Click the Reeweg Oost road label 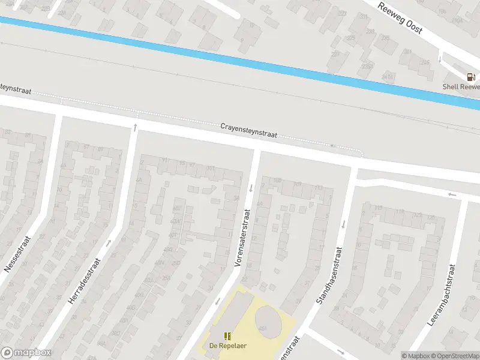click(x=400, y=17)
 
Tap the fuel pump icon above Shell click(x=471, y=77)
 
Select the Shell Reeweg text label click(x=461, y=86)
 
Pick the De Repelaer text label click(x=227, y=345)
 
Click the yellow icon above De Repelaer click(x=227, y=335)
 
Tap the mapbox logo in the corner click(x=26, y=353)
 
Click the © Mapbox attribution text click(x=413, y=355)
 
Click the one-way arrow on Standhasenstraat click(x=344, y=225)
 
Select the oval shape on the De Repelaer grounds click(x=268, y=321)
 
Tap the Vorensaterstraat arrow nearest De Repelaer click(x=218, y=301)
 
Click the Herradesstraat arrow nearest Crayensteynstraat click(x=135, y=127)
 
